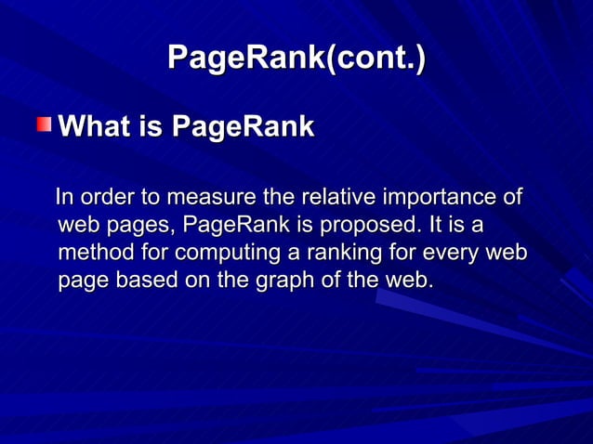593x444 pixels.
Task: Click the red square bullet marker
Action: [45, 125]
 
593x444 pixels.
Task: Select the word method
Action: [90, 253]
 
